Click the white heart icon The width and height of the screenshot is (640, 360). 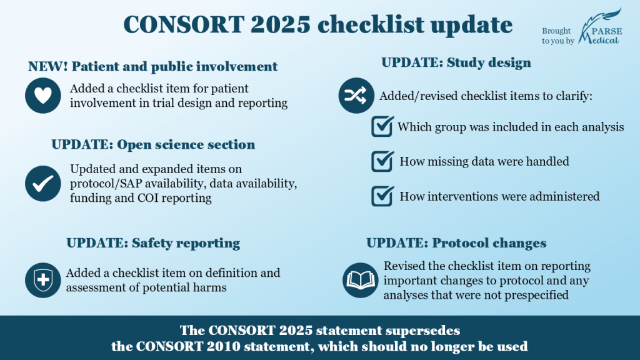[x=43, y=95]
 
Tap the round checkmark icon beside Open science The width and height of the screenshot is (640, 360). [x=43, y=183]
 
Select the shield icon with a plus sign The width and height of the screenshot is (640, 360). [x=43, y=280]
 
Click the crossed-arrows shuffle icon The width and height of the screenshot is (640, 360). [x=356, y=96]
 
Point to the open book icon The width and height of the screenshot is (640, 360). [x=361, y=280]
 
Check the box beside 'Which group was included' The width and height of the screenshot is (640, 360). [x=382, y=126]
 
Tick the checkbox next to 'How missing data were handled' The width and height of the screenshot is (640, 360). [x=382, y=161]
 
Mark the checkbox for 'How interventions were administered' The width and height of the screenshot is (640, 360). [x=382, y=196]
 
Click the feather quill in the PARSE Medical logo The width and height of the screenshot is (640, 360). [x=600, y=24]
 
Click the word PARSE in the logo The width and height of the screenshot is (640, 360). [x=607, y=31]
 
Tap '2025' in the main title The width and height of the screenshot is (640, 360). [x=281, y=24]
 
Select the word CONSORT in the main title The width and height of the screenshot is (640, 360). [x=184, y=24]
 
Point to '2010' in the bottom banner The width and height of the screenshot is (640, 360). [x=224, y=346]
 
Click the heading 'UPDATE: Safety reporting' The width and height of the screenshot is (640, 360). [x=153, y=243]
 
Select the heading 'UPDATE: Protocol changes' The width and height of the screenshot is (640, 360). [x=456, y=243]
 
